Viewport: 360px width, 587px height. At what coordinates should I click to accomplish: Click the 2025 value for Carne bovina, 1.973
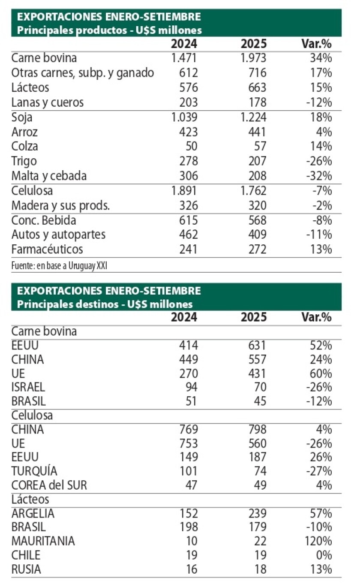tap(254, 58)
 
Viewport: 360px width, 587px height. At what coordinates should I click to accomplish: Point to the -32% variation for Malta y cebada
tap(319, 176)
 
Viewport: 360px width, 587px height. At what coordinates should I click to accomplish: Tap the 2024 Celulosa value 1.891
tap(184, 191)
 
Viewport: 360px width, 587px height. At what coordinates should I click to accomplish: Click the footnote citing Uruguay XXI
tap(59, 266)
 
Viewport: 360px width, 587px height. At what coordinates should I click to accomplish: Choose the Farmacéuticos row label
tap(47, 249)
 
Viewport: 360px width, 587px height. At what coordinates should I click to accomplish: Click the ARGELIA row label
tap(33, 513)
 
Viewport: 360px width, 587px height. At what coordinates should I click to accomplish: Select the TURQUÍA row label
tap(34, 471)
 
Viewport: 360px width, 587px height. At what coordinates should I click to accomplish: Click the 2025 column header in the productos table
tap(254, 44)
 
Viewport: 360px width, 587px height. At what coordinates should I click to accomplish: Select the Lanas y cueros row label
tap(48, 102)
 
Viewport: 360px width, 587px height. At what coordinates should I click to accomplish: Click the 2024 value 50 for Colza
tap(191, 146)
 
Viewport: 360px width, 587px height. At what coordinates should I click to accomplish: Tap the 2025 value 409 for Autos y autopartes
tap(256, 235)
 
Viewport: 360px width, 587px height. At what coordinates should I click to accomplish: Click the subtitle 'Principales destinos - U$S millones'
tap(105, 304)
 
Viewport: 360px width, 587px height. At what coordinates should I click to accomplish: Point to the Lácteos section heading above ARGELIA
tap(30, 499)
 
